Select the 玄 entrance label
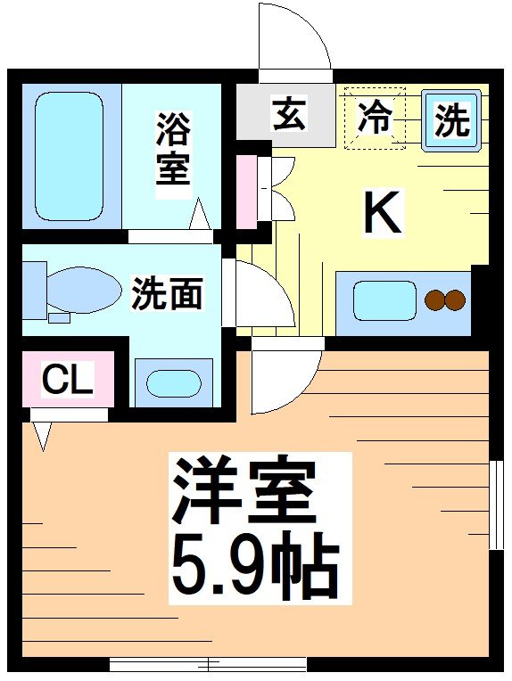click(x=288, y=115)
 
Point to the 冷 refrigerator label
click(x=376, y=118)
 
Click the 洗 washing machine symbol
click(x=451, y=119)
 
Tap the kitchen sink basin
click(x=384, y=300)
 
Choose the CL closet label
click(x=68, y=382)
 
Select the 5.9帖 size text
click(x=255, y=565)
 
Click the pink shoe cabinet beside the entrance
click(x=244, y=190)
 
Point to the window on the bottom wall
click(x=208, y=664)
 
